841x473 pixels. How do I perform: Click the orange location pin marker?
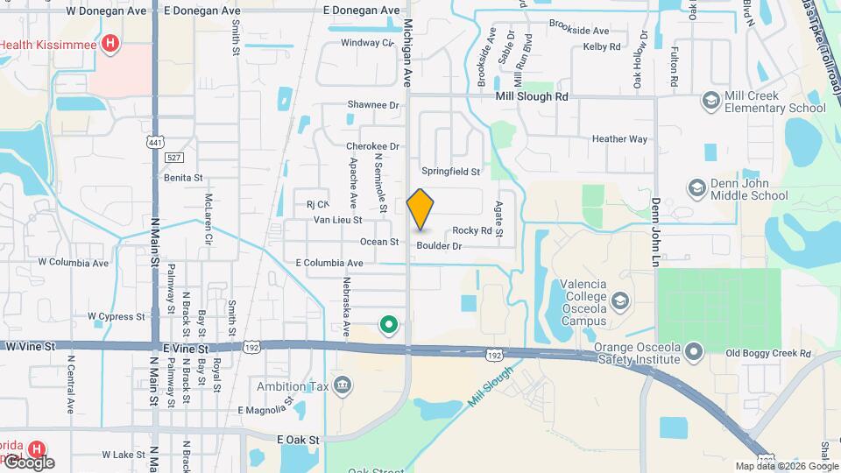click(420, 208)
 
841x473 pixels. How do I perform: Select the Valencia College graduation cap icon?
click(620, 300)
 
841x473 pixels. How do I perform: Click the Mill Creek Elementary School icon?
click(710, 102)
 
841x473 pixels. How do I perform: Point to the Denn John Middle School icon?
click(696, 189)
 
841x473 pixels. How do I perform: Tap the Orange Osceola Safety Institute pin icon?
click(694, 352)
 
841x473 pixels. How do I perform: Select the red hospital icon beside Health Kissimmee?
click(110, 42)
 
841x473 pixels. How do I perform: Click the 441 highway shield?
click(154, 142)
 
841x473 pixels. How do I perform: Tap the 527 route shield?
click(173, 156)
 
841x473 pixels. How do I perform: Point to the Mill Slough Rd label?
click(531, 96)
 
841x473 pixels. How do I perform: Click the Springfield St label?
click(451, 172)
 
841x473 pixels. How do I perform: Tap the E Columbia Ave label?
click(329, 263)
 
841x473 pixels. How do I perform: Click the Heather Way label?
click(619, 139)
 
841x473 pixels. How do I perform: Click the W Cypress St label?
click(116, 316)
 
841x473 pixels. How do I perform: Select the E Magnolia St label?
click(264, 410)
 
